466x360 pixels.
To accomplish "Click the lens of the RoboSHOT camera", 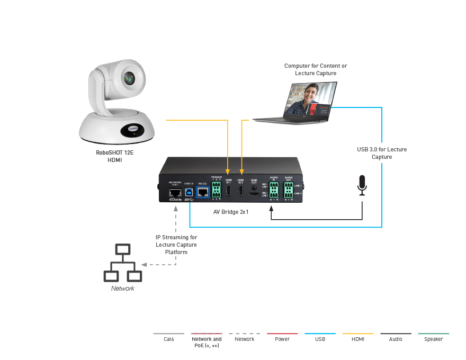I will click(x=129, y=78).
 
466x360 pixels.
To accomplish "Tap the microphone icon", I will click(x=362, y=185).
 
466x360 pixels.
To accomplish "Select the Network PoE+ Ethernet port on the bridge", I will click(x=175, y=193).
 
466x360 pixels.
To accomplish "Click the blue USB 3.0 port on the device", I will click(x=189, y=192).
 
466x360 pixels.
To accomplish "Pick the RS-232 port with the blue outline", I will click(x=202, y=192).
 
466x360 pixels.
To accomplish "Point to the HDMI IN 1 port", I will click(x=228, y=192).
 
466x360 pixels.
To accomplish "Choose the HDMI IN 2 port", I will click(x=241, y=192).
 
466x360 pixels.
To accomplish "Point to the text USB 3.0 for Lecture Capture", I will click(x=381, y=153).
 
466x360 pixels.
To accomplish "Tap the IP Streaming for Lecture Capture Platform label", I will click(x=176, y=245).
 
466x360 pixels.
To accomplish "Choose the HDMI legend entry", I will click(x=357, y=339).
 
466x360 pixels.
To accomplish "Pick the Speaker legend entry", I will click(x=433, y=339).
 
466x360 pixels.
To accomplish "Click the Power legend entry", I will click(x=282, y=339).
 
